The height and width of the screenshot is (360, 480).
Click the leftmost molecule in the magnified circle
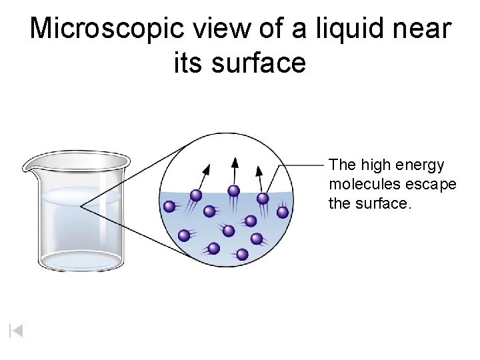coord(169,206)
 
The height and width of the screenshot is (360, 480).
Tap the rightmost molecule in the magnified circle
coord(283,212)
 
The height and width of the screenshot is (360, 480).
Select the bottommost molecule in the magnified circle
coord(242,254)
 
